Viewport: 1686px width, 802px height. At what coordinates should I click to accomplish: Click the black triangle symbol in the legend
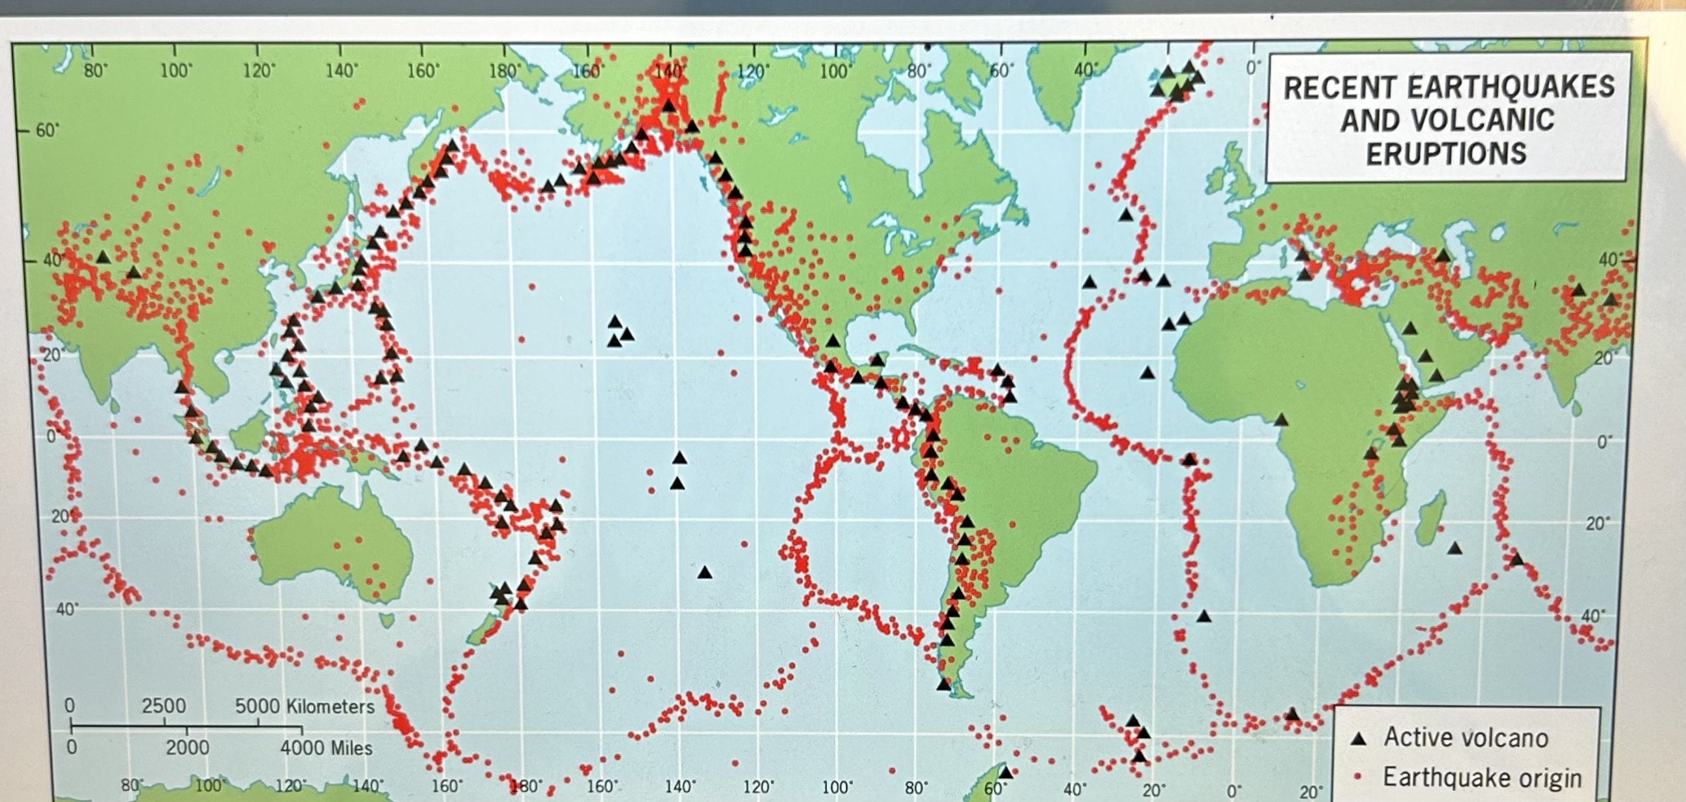(x=1359, y=739)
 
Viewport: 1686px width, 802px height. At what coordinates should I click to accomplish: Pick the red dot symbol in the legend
(x=1357, y=777)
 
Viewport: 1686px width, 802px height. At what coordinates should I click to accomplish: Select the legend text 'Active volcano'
(x=1466, y=738)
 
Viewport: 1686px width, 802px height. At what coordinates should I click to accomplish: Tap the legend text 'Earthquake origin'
(x=1482, y=778)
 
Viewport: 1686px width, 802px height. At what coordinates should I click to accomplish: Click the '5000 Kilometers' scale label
(x=304, y=706)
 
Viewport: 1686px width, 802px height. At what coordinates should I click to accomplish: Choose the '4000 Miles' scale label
(x=326, y=748)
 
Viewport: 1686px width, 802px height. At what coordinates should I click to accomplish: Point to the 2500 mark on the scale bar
(x=164, y=705)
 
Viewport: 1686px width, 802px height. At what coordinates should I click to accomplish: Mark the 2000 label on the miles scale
(x=187, y=748)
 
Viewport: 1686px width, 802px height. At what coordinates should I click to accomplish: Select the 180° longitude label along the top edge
(x=505, y=70)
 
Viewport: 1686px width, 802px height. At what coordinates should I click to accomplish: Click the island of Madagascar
(x=1430, y=527)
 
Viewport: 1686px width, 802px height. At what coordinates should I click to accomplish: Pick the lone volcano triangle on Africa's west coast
(x=1281, y=420)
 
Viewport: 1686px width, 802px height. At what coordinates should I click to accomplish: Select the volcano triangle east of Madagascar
(x=1455, y=548)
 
